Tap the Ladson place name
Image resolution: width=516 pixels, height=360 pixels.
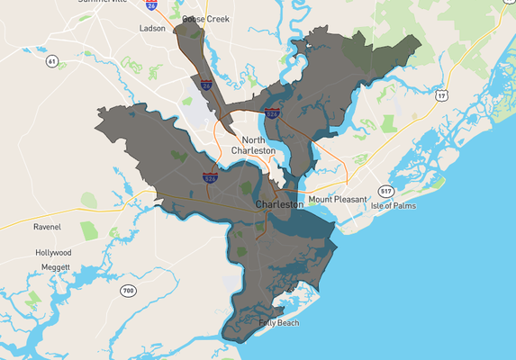(x=152, y=29)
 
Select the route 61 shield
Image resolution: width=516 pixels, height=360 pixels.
(x=52, y=61)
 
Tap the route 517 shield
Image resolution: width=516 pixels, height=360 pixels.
(x=385, y=191)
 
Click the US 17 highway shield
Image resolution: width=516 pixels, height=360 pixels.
(x=441, y=94)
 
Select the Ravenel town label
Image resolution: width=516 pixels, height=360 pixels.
(x=47, y=227)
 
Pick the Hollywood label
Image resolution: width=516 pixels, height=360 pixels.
(x=53, y=253)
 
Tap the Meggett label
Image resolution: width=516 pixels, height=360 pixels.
(x=55, y=266)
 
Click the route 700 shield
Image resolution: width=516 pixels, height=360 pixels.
(x=128, y=290)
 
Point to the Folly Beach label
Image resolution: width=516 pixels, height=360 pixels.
(x=279, y=322)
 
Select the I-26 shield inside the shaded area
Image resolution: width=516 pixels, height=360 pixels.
(x=206, y=85)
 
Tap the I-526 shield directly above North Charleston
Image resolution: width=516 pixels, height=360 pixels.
(x=271, y=114)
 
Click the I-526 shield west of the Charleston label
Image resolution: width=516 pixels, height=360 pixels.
(x=209, y=179)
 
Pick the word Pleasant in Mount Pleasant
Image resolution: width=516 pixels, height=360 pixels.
(x=350, y=198)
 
